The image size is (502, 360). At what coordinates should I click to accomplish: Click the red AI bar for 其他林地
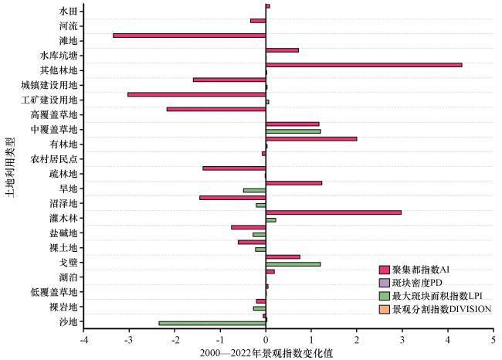tap(364, 65)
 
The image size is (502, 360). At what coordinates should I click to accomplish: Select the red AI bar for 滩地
tap(189, 36)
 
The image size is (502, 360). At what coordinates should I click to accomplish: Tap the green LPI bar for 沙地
tap(212, 324)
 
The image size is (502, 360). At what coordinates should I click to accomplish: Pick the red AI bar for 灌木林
tap(334, 212)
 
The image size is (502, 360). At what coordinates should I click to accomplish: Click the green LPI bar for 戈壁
tap(293, 264)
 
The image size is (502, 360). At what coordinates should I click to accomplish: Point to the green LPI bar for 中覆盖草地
tap(293, 131)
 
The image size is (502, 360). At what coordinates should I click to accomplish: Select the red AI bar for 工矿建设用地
tap(197, 94)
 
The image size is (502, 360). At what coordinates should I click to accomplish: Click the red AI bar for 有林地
tap(311, 139)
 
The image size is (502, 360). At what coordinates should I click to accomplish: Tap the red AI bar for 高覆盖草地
tap(216, 110)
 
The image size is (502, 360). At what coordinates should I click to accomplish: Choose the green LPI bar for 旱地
tap(255, 191)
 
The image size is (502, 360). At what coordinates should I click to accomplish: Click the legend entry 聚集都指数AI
tap(415, 270)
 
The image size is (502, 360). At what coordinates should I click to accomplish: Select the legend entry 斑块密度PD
tap(411, 283)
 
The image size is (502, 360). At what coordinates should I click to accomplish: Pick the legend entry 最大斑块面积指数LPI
tap(431, 296)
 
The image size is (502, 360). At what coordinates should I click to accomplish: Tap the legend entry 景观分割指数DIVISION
tap(435, 309)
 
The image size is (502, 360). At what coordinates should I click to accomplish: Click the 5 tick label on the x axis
tap(494, 340)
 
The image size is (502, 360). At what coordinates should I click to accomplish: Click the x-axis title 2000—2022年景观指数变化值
tap(266, 353)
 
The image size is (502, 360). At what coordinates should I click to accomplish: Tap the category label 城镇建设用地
tap(49, 85)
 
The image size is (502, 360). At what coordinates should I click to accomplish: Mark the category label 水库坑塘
tap(59, 56)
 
